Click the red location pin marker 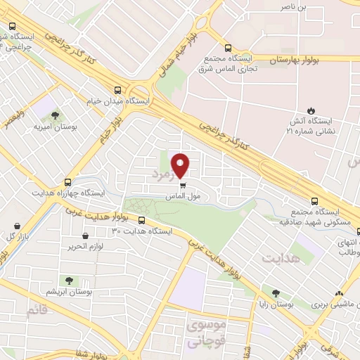181,165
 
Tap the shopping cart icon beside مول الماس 183,186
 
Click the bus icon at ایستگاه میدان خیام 117,90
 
